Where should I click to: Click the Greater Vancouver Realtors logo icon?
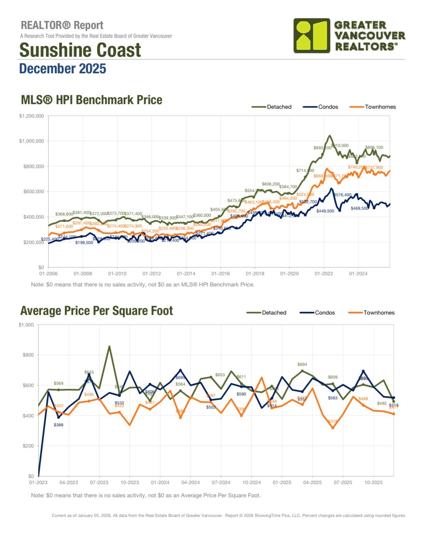tap(312, 35)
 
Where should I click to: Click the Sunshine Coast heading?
tap(80, 50)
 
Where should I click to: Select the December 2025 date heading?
tap(62, 69)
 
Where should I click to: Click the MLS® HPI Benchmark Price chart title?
tap(91, 100)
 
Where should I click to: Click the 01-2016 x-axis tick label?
tap(220, 274)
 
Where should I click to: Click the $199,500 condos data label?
tap(84, 243)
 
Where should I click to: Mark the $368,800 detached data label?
tap(64, 214)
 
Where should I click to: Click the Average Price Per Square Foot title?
tap(97, 311)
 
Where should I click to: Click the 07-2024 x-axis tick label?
tap(221, 483)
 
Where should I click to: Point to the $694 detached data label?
tap(302, 364)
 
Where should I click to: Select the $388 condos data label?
tap(59, 425)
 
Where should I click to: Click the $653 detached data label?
tap(220, 375)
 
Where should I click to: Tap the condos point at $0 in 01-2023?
tap(39, 476)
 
